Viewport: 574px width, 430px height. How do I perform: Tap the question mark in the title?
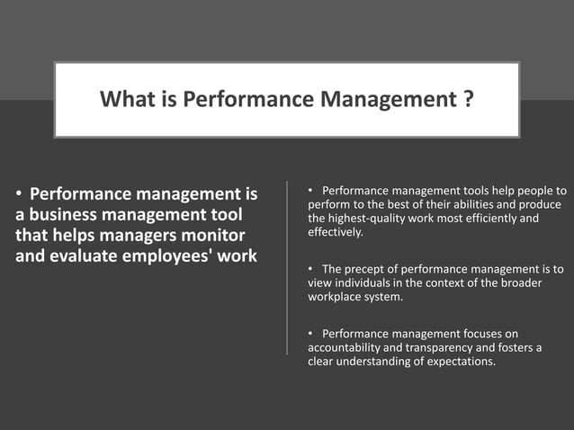click(469, 99)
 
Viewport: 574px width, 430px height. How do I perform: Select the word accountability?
click(345, 347)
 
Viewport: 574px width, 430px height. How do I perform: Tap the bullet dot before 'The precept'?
click(310, 269)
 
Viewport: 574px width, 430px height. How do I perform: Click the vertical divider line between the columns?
click(287, 270)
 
